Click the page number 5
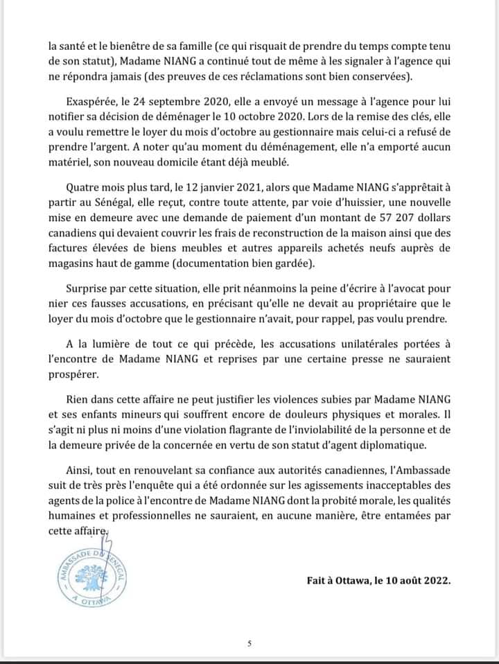pyautogui.click(x=249, y=643)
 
